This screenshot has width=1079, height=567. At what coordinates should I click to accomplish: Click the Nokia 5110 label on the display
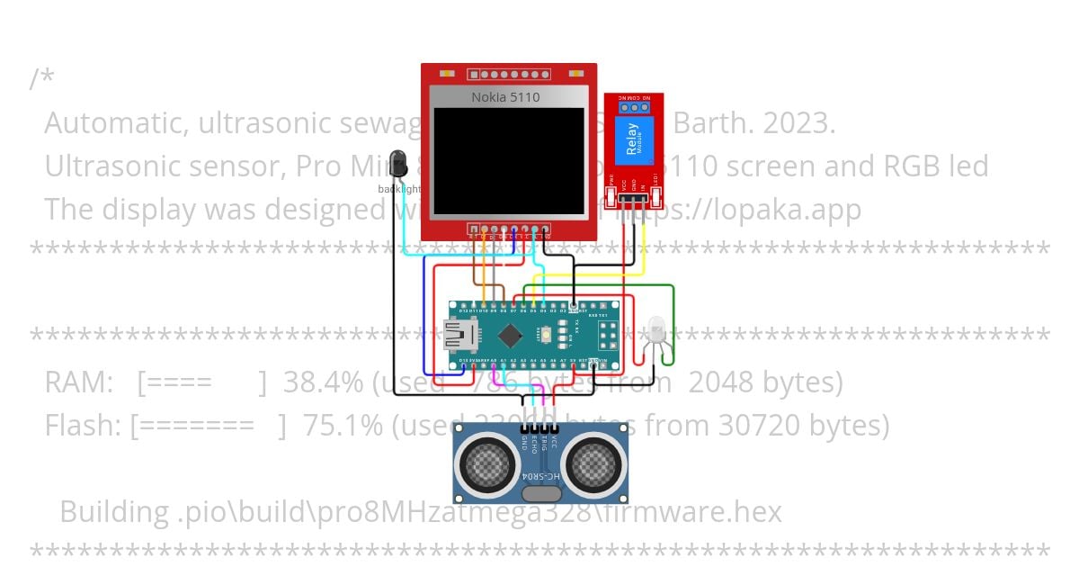point(505,97)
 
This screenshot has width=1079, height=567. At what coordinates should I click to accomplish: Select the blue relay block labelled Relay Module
point(632,142)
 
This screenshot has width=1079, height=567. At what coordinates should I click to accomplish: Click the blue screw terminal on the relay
point(635,106)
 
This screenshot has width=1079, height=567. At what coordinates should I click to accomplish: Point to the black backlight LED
point(397,164)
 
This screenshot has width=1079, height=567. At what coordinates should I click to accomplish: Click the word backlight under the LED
point(398,189)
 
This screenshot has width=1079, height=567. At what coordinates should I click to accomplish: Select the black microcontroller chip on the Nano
point(510,336)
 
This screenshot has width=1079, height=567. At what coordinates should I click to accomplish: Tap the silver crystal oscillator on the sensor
point(540,492)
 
